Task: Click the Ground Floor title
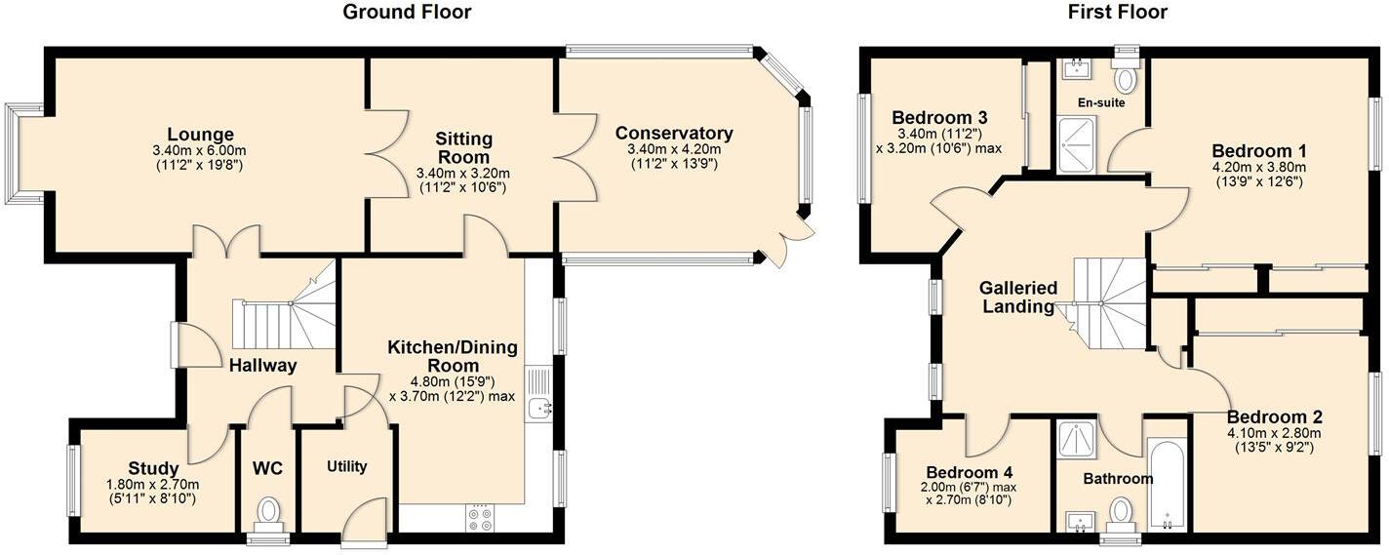click(407, 13)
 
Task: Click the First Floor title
click(1117, 13)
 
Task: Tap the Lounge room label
click(200, 135)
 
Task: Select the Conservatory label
click(674, 134)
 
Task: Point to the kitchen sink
click(538, 409)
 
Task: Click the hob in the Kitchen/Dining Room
click(480, 518)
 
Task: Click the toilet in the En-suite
click(1127, 78)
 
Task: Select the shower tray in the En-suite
click(1077, 144)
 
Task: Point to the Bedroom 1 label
click(1258, 151)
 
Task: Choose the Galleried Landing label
click(1019, 297)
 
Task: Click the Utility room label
click(346, 466)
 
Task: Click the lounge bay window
click(21, 153)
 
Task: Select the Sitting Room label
click(463, 147)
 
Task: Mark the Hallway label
click(262, 365)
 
